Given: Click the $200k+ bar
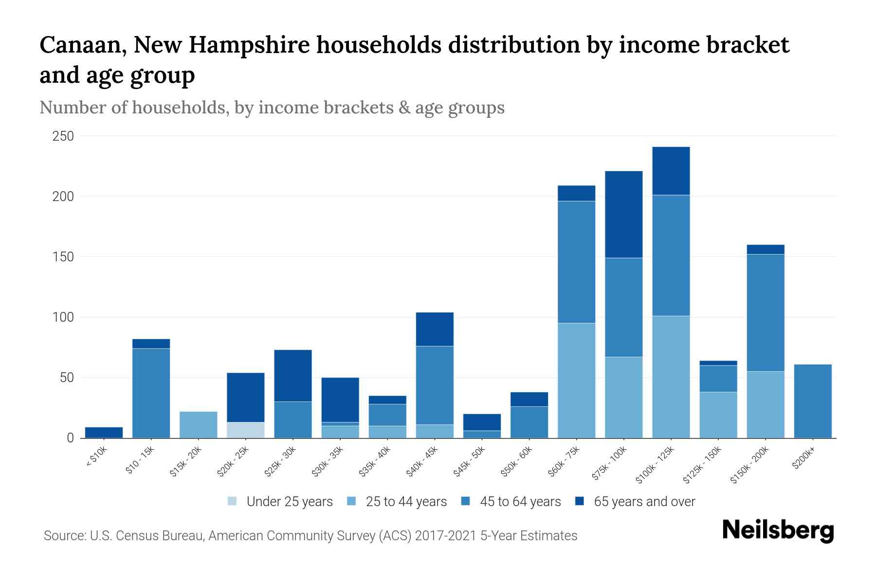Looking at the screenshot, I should click(812, 401).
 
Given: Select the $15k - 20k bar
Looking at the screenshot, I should click(198, 424).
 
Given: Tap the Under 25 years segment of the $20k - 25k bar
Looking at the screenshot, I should click(245, 430).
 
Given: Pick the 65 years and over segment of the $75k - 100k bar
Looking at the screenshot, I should click(623, 214).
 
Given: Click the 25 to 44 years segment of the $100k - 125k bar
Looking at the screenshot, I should click(671, 377).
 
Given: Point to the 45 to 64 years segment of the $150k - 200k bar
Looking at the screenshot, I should click(765, 312).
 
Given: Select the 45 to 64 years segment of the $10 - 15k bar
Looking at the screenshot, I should click(151, 393).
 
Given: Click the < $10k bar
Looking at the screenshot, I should click(104, 432).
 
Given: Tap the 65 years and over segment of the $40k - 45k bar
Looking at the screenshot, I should click(435, 329).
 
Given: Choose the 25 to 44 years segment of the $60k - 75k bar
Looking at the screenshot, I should click(576, 380).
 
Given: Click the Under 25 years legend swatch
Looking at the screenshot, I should click(233, 501).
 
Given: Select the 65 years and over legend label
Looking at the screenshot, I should click(644, 501).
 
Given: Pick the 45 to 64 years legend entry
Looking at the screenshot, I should click(511, 501).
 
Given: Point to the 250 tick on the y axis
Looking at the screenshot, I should click(63, 136).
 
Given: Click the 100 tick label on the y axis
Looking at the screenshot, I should click(63, 317).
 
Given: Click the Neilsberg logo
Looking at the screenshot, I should click(778, 530).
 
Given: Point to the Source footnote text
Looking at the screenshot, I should click(310, 536).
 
